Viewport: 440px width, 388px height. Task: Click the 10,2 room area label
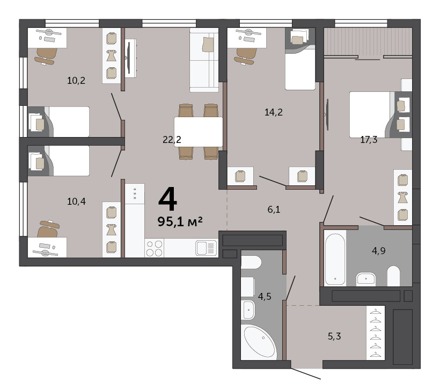(76, 81)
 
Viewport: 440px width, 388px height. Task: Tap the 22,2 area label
(172, 139)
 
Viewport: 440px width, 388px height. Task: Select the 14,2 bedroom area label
(274, 112)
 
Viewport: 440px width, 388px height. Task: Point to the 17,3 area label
(369, 139)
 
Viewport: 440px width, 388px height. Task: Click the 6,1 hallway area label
(274, 209)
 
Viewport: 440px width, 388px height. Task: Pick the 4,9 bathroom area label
(378, 250)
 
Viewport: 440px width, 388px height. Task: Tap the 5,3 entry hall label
(334, 336)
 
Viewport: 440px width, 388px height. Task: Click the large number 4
(168, 199)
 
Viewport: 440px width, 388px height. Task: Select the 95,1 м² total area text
(180, 221)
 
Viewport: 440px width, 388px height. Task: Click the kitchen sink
(206, 248)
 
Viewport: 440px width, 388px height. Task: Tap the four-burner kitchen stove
(155, 248)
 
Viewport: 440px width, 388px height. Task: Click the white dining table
(199, 132)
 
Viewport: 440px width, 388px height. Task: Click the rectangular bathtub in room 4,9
(335, 259)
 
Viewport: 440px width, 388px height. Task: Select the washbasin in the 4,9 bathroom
(366, 279)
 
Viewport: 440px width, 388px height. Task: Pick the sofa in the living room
(204, 60)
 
